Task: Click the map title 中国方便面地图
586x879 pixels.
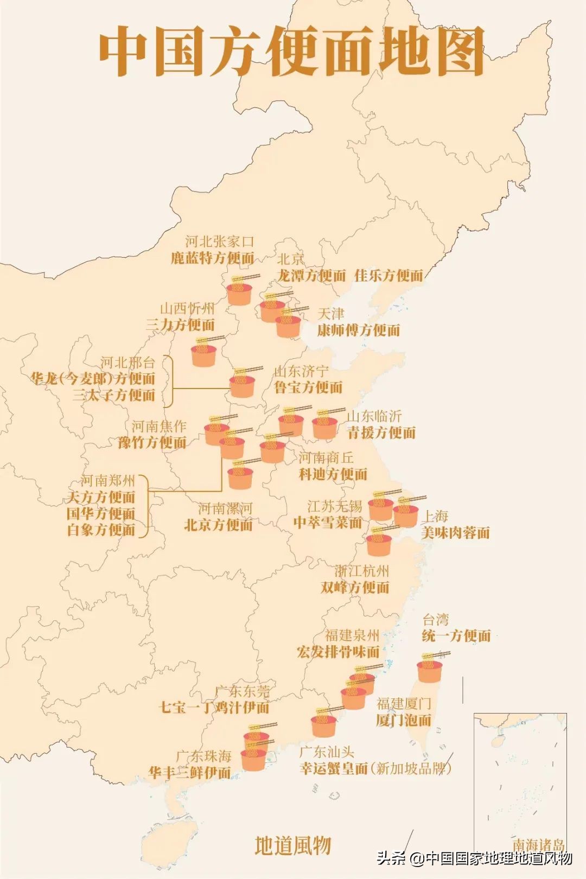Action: [x=292, y=52]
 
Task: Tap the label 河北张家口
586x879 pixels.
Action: [x=219, y=241]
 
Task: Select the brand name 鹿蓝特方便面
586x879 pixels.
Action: [x=213, y=258]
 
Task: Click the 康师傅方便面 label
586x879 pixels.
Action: [x=359, y=330]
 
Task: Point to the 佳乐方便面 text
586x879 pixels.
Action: [x=388, y=276]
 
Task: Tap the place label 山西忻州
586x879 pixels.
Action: [x=187, y=309]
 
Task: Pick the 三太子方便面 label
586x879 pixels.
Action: [x=114, y=395]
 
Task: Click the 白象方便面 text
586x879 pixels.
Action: [x=101, y=530]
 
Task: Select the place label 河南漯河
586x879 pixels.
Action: [x=225, y=508]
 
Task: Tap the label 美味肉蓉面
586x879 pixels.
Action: [x=455, y=533]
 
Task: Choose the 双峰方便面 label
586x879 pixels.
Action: [x=355, y=587]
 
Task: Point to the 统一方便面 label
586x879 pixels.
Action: [x=456, y=636]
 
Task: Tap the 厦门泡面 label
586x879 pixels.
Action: [x=404, y=720]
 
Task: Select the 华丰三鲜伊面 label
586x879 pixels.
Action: [x=190, y=772]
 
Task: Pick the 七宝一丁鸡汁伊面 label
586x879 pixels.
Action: [x=214, y=707]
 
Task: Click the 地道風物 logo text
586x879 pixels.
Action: [x=293, y=845]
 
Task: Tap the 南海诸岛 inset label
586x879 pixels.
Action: [x=538, y=845]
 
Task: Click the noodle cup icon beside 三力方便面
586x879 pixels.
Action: [x=204, y=353]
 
